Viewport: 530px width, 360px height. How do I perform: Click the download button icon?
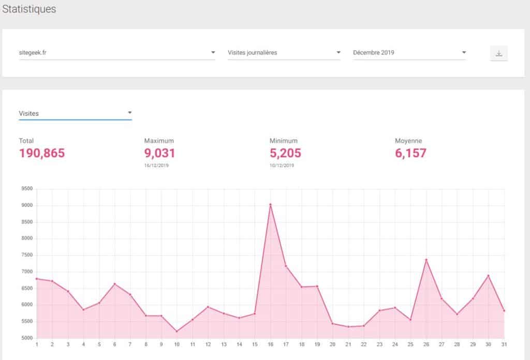pyautogui.click(x=499, y=53)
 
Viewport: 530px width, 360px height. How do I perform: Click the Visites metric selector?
pyautogui.click(x=75, y=113)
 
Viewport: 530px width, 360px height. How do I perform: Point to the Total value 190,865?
pyautogui.click(x=42, y=153)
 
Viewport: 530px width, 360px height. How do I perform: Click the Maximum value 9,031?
pyautogui.click(x=159, y=153)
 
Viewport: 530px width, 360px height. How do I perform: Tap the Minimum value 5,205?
pyautogui.click(x=285, y=153)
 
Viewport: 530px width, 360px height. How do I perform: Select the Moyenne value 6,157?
pyautogui.click(x=410, y=153)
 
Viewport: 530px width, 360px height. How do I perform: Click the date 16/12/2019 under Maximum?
pyautogui.click(x=156, y=166)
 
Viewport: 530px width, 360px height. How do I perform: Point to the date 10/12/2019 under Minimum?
pyautogui.click(x=282, y=166)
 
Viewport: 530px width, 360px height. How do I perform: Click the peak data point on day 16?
pyautogui.click(x=270, y=204)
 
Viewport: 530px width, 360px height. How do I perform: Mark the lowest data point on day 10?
pyautogui.click(x=176, y=332)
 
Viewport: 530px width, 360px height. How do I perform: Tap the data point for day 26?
pyautogui.click(x=426, y=260)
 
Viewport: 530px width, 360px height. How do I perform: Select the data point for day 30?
pyautogui.click(x=489, y=276)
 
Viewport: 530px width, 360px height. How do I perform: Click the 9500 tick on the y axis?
pyautogui.click(x=27, y=189)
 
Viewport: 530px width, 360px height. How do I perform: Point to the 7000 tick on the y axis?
pyautogui.click(x=27, y=272)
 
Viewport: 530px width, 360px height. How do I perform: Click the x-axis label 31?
pyautogui.click(x=504, y=344)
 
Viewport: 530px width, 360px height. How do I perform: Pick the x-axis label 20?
pyautogui.click(x=332, y=344)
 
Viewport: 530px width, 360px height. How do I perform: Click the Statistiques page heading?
pyautogui.click(x=29, y=9)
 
